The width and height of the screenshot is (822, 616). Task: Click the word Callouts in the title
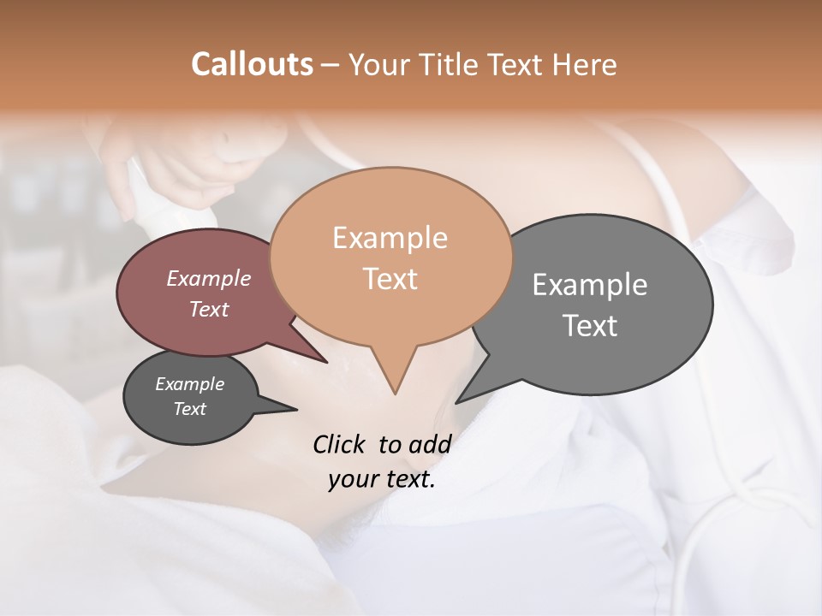pos(252,64)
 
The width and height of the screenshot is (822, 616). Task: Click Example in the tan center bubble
pos(390,238)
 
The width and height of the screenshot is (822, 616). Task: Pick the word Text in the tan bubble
pos(390,279)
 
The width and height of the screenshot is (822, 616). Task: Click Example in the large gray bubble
pos(590,285)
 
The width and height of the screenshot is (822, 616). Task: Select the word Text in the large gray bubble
pos(590,326)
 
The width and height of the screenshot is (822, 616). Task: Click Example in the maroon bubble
pos(209,278)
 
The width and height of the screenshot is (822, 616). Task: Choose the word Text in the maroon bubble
pos(209,309)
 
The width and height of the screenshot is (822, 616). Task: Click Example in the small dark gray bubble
pos(189,384)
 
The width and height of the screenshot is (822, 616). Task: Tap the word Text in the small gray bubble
pos(189,409)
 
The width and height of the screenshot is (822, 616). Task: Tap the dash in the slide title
pos(331,65)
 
